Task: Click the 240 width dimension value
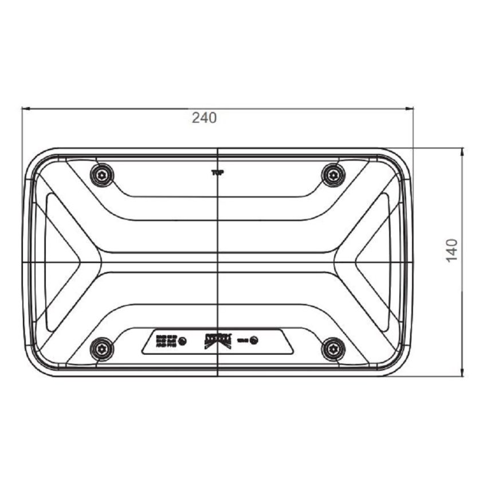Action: coord(205,118)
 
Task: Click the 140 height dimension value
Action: coord(452,251)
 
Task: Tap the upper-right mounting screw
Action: coord(332,174)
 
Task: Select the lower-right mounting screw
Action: coord(332,348)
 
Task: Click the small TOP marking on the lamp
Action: coord(217,172)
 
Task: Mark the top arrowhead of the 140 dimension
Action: coord(462,151)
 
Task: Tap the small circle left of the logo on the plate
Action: coord(182,341)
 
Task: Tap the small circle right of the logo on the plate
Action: coord(254,340)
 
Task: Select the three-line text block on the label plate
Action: coord(165,341)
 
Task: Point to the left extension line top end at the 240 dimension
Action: coord(22,107)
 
